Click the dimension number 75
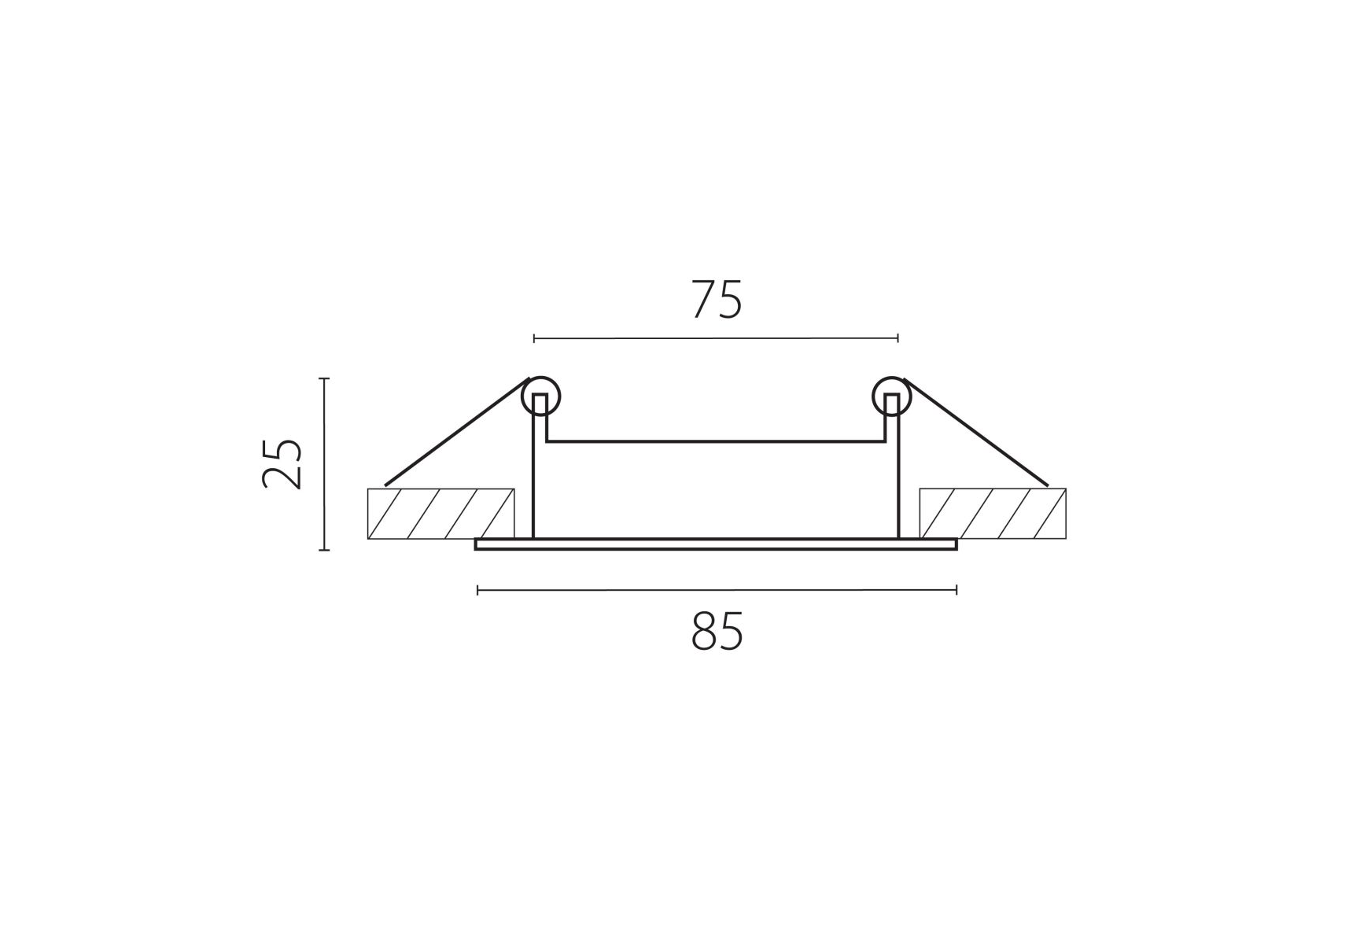(x=717, y=300)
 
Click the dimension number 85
(x=717, y=632)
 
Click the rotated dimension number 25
(x=282, y=463)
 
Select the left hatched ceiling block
(x=440, y=514)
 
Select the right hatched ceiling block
(x=993, y=514)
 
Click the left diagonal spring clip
(x=457, y=432)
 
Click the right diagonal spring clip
(x=976, y=432)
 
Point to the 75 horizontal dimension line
(x=716, y=338)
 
